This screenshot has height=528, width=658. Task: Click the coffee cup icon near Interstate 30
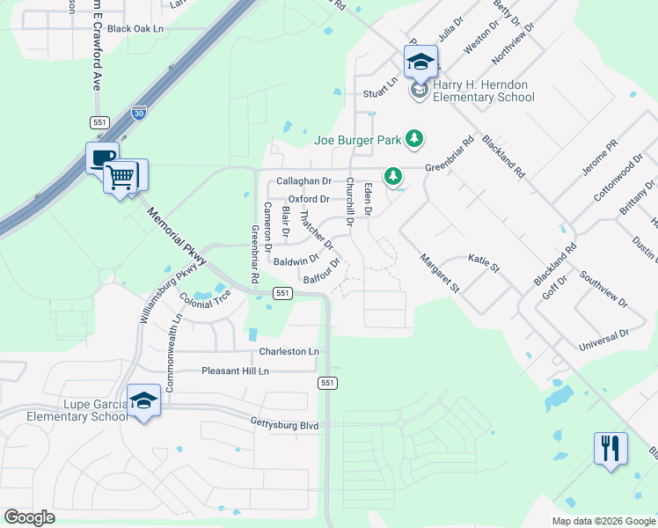(x=102, y=158)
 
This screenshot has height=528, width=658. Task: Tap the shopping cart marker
(x=121, y=175)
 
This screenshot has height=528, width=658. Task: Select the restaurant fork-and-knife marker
(x=610, y=448)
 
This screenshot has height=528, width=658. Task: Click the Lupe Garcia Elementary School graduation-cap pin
(x=143, y=400)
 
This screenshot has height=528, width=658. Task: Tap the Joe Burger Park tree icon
(x=414, y=139)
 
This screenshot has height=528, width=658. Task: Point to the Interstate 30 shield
(x=138, y=112)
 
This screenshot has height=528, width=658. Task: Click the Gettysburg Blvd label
(x=283, y=425)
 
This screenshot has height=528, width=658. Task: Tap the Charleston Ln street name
(x=289, y=352)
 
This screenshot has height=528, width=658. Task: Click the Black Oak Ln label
(x=135, y=29)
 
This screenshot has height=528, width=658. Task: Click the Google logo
(x=30, y=517)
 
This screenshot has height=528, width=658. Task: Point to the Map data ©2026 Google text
(x=603, y=521)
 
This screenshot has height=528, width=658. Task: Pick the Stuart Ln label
(x=381, y=92)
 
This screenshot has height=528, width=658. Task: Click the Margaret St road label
(x=440, y=273)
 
